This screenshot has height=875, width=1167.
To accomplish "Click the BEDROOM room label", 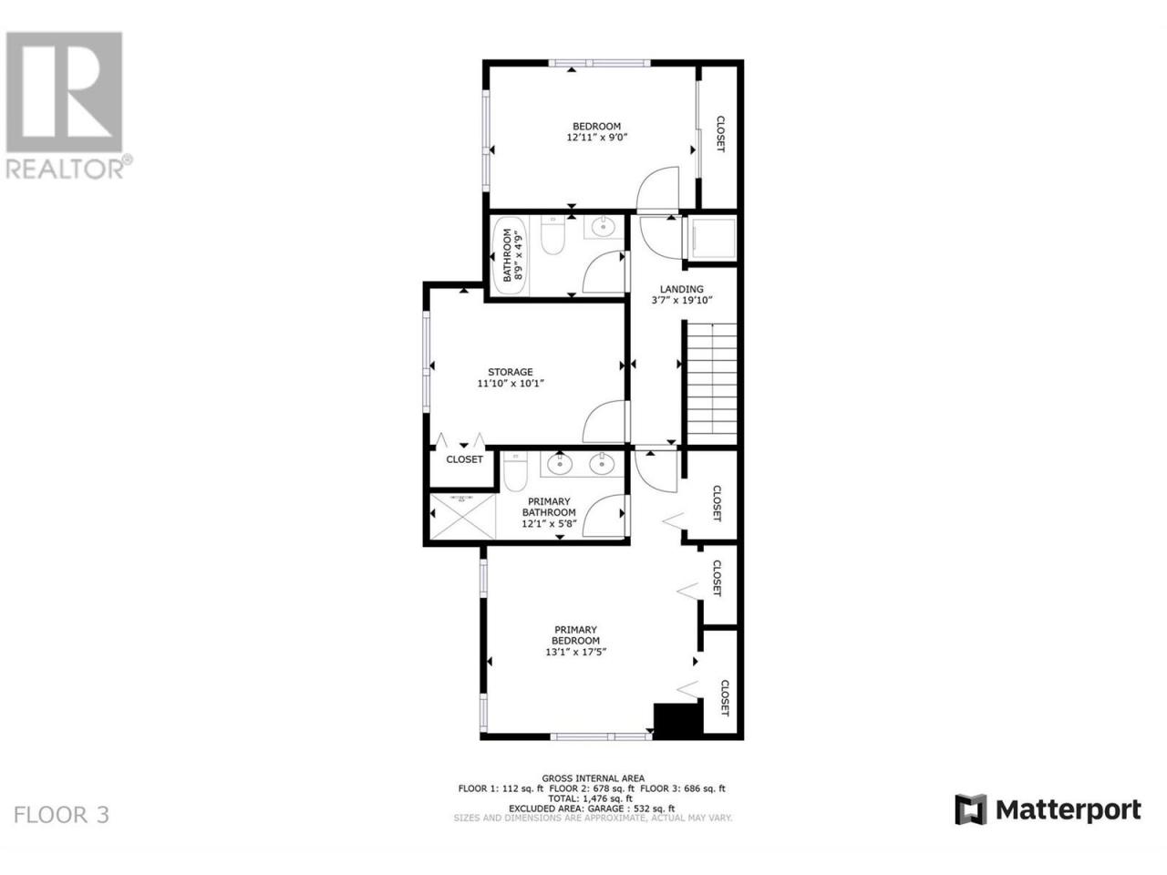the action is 596,127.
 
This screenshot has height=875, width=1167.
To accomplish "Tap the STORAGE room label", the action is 510,372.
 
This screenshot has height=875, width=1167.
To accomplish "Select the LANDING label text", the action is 681,289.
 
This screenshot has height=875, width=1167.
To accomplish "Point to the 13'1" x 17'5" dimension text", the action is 576,652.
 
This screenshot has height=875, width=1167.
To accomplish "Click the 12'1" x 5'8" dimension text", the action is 549,523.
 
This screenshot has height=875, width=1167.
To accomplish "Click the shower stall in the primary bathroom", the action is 462,516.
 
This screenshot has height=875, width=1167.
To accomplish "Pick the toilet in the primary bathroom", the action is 514,471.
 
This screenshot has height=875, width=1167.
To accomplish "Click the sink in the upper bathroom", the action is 603,227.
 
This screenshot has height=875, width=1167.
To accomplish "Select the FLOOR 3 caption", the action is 61,815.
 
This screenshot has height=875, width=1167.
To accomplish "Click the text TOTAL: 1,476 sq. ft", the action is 590,798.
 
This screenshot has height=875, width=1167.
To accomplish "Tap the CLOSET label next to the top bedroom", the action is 720,134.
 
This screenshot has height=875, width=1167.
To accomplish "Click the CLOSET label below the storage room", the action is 464,459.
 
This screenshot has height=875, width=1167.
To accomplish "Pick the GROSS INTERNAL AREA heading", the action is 593,778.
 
